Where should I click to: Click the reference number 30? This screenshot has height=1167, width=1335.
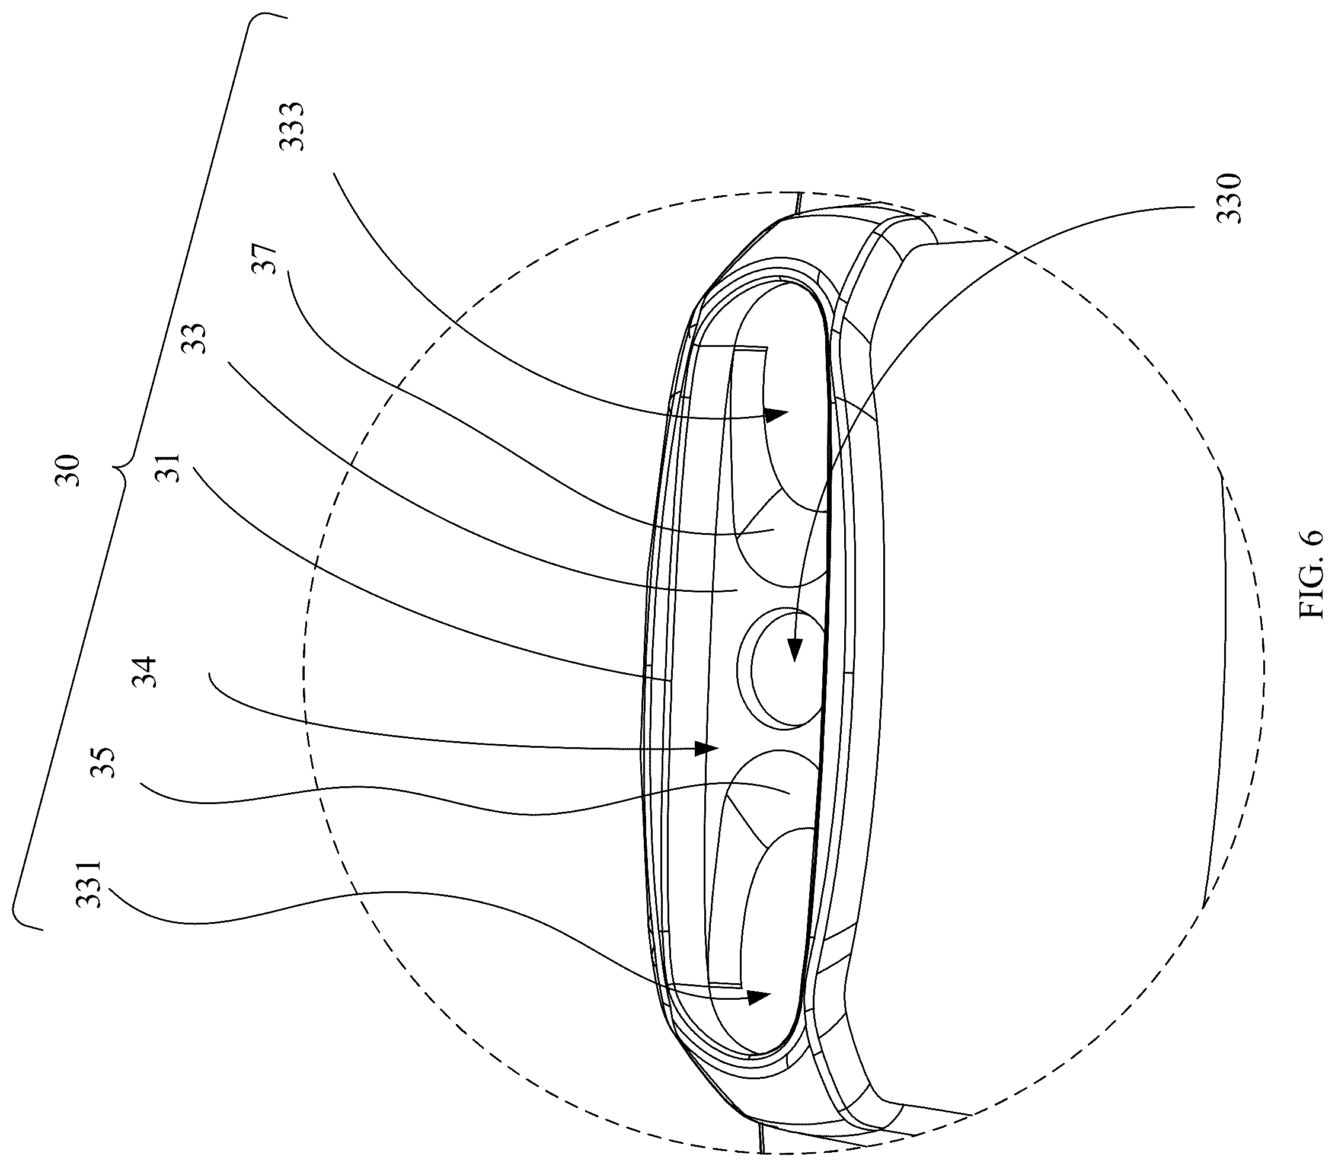click(x=68, y=471)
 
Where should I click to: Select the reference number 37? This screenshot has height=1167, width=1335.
click(x=266, y=259)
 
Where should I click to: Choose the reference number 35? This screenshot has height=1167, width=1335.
click(x=104, y=762)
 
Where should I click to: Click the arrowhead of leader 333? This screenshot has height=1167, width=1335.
click(x=777, y=413)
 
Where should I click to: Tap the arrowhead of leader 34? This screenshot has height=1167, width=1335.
click(x=706, y=748)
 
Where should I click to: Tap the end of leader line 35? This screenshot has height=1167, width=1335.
click(x=789, y=793)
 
